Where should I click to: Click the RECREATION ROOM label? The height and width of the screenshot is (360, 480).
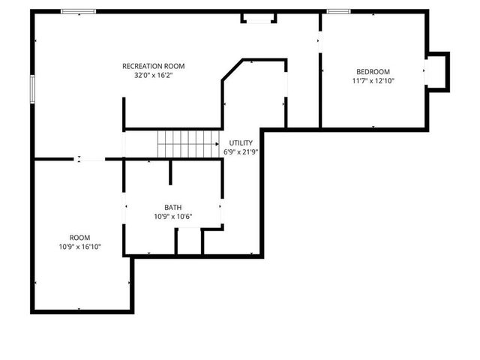point(153,66)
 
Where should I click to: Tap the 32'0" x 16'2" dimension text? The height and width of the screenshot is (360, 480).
point(153,76)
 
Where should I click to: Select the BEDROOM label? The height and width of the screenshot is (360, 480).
point(373,71)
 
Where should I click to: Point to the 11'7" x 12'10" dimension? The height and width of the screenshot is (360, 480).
point(373,81)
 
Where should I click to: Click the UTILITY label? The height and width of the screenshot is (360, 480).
point(241,142)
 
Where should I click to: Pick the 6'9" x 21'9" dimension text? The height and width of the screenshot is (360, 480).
point(241,151)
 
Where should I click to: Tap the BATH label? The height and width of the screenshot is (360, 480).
point(173,208)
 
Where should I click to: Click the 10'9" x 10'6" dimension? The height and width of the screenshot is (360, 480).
point(173,217)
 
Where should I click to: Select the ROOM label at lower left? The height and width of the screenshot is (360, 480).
point(79,237)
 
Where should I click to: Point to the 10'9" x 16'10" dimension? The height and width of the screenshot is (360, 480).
point(79,247)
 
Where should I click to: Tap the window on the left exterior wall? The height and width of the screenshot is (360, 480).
point(32,88)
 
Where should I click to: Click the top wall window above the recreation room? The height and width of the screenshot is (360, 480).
point(77,11)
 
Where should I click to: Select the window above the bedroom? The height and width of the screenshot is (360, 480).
point(338,11)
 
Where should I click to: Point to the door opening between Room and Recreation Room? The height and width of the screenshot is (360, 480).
point(91,159)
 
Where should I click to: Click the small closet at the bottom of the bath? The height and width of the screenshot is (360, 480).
point(189,241)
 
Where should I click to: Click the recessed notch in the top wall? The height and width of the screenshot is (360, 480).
point(259,17)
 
